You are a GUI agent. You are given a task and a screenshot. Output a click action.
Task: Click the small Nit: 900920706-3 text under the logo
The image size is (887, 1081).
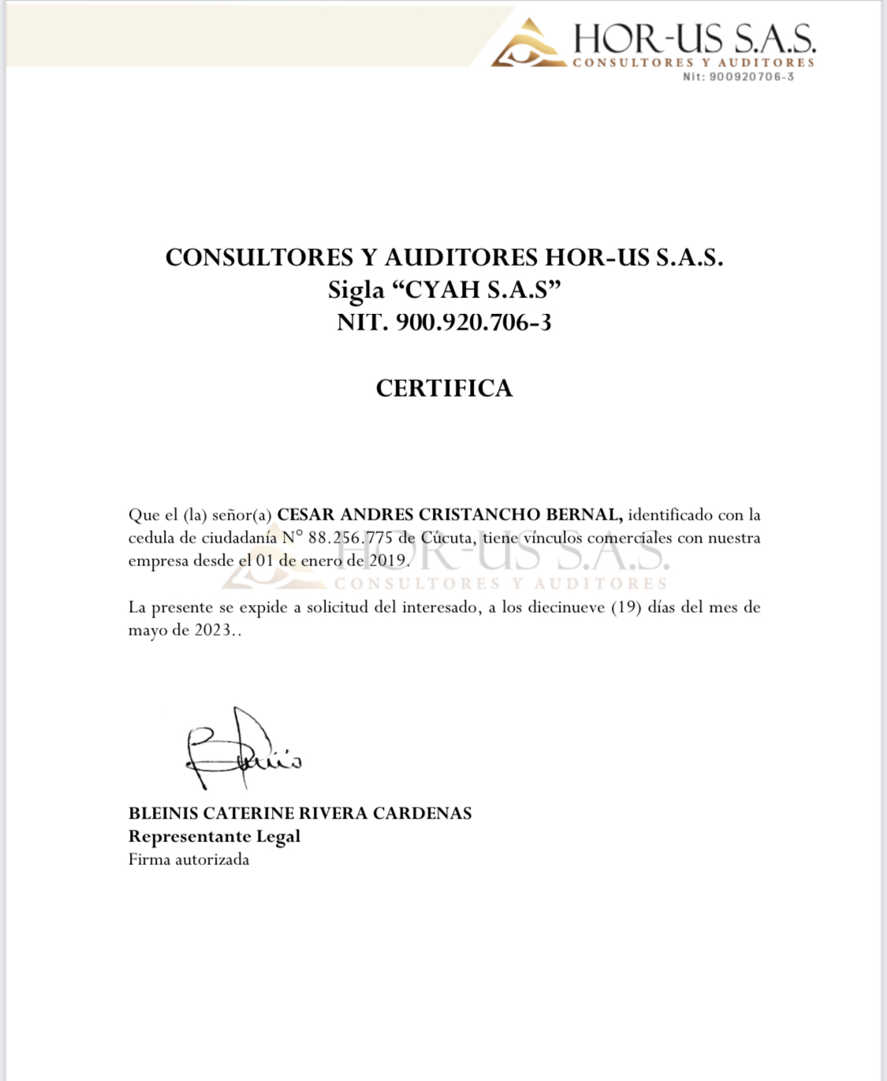pos(738,76)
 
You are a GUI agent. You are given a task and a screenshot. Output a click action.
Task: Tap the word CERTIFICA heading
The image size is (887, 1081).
pos(444,388)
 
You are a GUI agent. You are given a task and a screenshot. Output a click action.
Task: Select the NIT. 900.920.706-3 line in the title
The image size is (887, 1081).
pos(444,322)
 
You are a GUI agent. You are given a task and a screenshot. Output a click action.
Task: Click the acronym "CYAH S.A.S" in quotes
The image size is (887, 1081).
pos(476,290)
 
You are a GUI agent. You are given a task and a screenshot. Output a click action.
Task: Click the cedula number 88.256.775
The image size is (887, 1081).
pos(350,539)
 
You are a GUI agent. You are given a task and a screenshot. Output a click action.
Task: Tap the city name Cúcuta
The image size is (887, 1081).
pos(447,539)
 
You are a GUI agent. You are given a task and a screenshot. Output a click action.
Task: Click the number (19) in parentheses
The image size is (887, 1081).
pos(626,607)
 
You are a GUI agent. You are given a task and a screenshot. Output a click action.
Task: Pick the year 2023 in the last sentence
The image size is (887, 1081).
pos(213,631)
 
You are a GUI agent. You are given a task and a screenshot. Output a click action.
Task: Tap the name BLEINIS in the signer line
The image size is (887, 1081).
pos(163,814)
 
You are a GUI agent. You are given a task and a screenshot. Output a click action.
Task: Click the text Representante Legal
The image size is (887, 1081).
pos(214,837)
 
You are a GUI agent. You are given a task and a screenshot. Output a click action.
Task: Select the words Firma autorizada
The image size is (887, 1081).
pos(188,859)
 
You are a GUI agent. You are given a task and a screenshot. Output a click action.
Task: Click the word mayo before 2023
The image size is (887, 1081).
pos(147,631)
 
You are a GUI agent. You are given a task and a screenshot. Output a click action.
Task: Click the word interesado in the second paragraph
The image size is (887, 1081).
pos(439,607)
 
